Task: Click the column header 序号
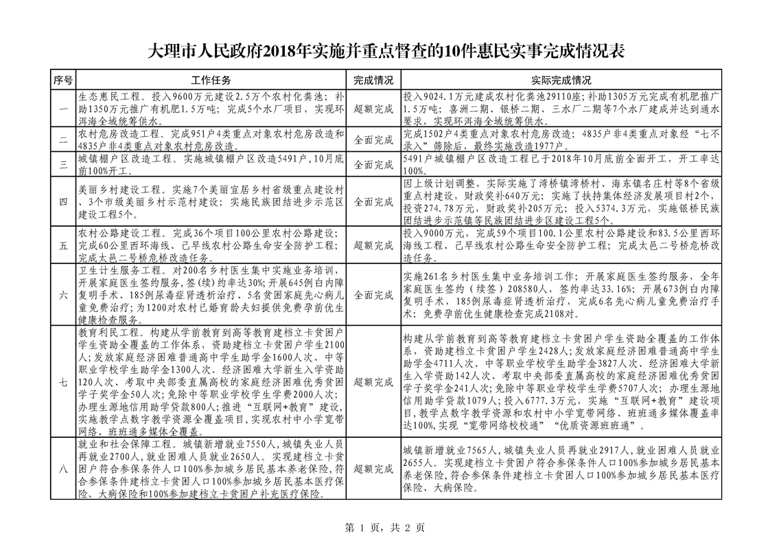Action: click(63, 80)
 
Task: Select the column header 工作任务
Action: click(211, 80)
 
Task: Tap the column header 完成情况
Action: click(373, 80)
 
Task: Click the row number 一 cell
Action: click(63, 109)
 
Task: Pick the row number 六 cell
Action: click(63, 295)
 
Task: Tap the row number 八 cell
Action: click(63, 469)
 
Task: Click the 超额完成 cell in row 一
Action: click(373, 109)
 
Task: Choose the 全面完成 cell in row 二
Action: click(373, 140)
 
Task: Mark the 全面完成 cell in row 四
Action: click(373, 202)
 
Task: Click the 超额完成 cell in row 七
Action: click(373, 382)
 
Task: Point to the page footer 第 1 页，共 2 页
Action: click(384, 528)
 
